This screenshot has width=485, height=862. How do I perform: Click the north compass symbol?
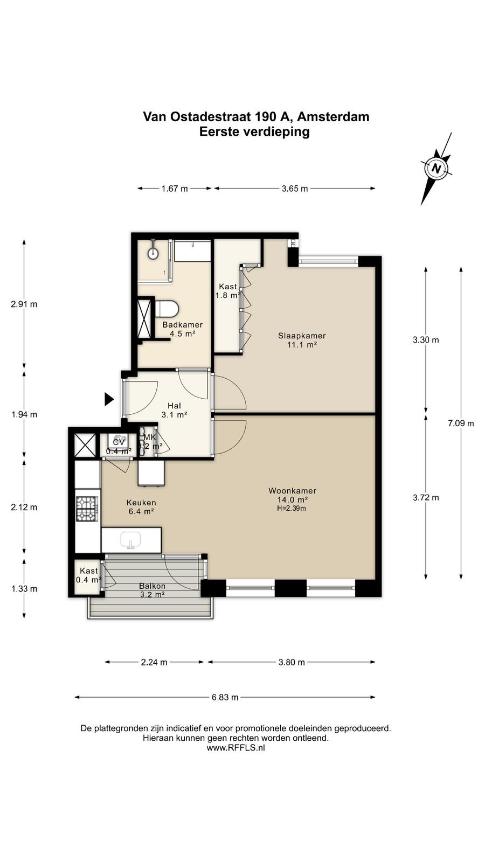[x=436, y=169]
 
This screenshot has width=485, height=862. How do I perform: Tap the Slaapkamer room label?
[x=302, y=336]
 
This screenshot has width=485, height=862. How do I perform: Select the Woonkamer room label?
[x=292, y=491]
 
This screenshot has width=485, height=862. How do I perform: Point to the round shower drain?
[x=153, y=253]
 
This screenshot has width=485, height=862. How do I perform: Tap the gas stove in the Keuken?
[x=87, y=509]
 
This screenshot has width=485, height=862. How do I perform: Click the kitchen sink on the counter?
[x=131, y=539]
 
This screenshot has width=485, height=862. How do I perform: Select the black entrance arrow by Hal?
[x=109, y=399]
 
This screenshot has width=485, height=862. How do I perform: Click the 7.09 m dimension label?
[x=461, y=423]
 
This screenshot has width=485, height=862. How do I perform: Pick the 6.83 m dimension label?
[x=225, y=697]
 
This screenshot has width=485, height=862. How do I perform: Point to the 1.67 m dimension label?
[x=175, y=189]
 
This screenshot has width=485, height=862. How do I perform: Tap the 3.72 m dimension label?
[x=426, y=498]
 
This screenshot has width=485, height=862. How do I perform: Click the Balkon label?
[x=152, y=586]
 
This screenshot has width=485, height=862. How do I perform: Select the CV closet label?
[x=119, y=442]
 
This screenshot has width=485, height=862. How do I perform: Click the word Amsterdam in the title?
[x=334, y=116]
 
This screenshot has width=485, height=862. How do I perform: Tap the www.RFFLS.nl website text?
[x=235, y=748]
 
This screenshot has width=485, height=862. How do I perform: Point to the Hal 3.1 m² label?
[x=175, y=410]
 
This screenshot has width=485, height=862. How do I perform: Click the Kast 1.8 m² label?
[x=228, y=291]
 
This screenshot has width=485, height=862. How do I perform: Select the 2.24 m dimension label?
[x=154, y=662]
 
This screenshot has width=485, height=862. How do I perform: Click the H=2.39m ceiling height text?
[x=292, y=509]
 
